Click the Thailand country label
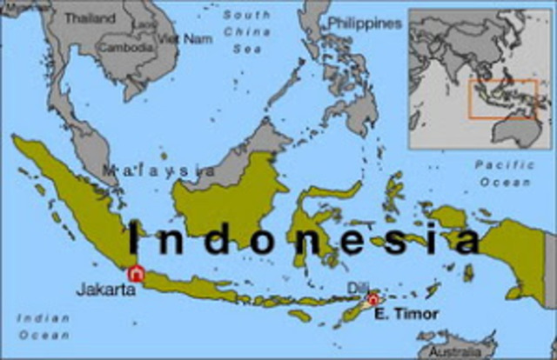[90, 17]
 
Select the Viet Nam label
[178, 39]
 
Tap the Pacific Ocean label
[502, 173]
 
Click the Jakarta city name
[104, 290]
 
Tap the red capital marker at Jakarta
[135, 274]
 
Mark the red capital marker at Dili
[373, 299]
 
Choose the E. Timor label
[408, 314]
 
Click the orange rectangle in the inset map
[504, 99]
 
